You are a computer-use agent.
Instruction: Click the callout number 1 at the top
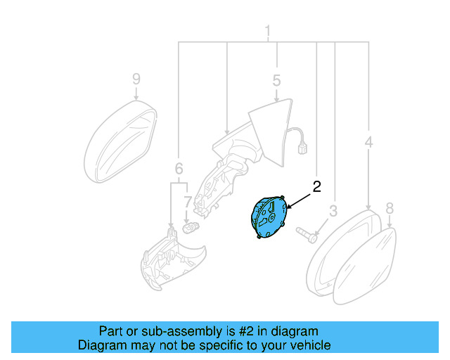267,31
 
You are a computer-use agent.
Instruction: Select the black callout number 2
316,186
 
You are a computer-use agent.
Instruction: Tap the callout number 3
333,210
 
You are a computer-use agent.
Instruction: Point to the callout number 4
368,143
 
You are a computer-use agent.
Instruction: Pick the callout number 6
179,169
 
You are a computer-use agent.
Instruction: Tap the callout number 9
136,79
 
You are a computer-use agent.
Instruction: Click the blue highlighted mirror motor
268,217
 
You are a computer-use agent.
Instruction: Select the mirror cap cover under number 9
119,141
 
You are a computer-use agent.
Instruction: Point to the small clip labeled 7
189,228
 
